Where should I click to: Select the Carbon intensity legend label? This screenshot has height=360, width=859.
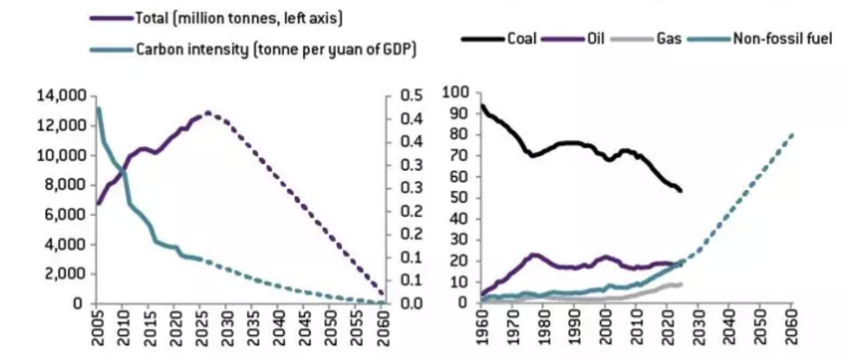point(276,49)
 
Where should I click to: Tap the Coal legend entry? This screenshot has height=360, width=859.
point(522,39)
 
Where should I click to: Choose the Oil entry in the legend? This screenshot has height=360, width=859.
point(596,39)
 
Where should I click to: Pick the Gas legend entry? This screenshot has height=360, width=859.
point(669,39)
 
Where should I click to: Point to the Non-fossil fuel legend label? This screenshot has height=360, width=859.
point(781,39)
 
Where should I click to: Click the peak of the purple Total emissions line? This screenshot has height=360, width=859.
point(208,112)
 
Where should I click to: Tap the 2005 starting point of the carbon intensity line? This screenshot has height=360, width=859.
point(98,109)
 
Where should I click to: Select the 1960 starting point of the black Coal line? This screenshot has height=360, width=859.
point(482,106)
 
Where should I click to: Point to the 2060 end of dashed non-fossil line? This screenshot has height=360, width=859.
point(792,135)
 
